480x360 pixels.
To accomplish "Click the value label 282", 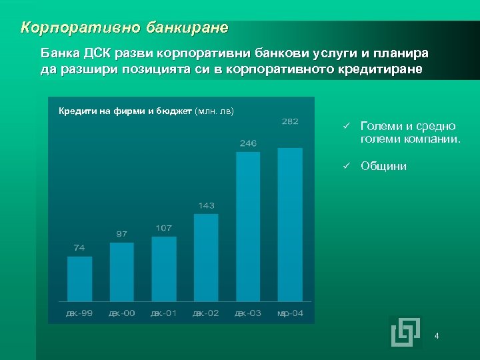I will [290, 121].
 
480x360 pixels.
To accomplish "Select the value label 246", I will [248, 143].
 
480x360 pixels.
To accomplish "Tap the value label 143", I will [206, 205].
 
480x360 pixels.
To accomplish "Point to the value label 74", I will [79, 247].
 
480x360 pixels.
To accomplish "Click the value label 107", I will [164, 228].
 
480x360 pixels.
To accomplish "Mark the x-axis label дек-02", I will [205, 313].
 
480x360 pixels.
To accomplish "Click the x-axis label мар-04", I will [290, 313].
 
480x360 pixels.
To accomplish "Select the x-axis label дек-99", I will [79, 313].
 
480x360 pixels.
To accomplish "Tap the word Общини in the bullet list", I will [383, 167].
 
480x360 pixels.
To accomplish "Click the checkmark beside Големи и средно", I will [347, 126].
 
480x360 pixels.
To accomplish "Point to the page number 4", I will [437, 335].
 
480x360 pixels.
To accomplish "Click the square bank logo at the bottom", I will [405, 332].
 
